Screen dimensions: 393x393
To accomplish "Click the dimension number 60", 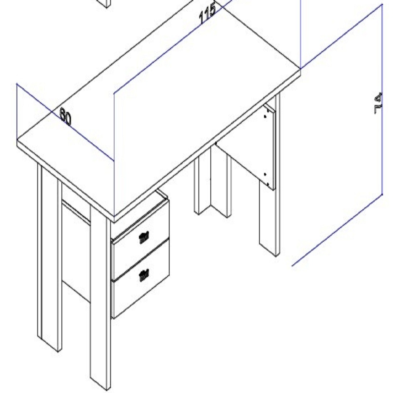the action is tap(66, 116).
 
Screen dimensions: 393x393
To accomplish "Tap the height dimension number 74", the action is tap(378, 103).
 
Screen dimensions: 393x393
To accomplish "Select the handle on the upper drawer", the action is tap(144, 238).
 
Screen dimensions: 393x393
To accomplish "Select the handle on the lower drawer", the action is tap(144, 275).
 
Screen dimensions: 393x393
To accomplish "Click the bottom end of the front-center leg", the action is tap(100, 382).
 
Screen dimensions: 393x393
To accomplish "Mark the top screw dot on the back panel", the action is tap(265, 116).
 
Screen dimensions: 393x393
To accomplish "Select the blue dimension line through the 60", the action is tap(65, 122).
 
